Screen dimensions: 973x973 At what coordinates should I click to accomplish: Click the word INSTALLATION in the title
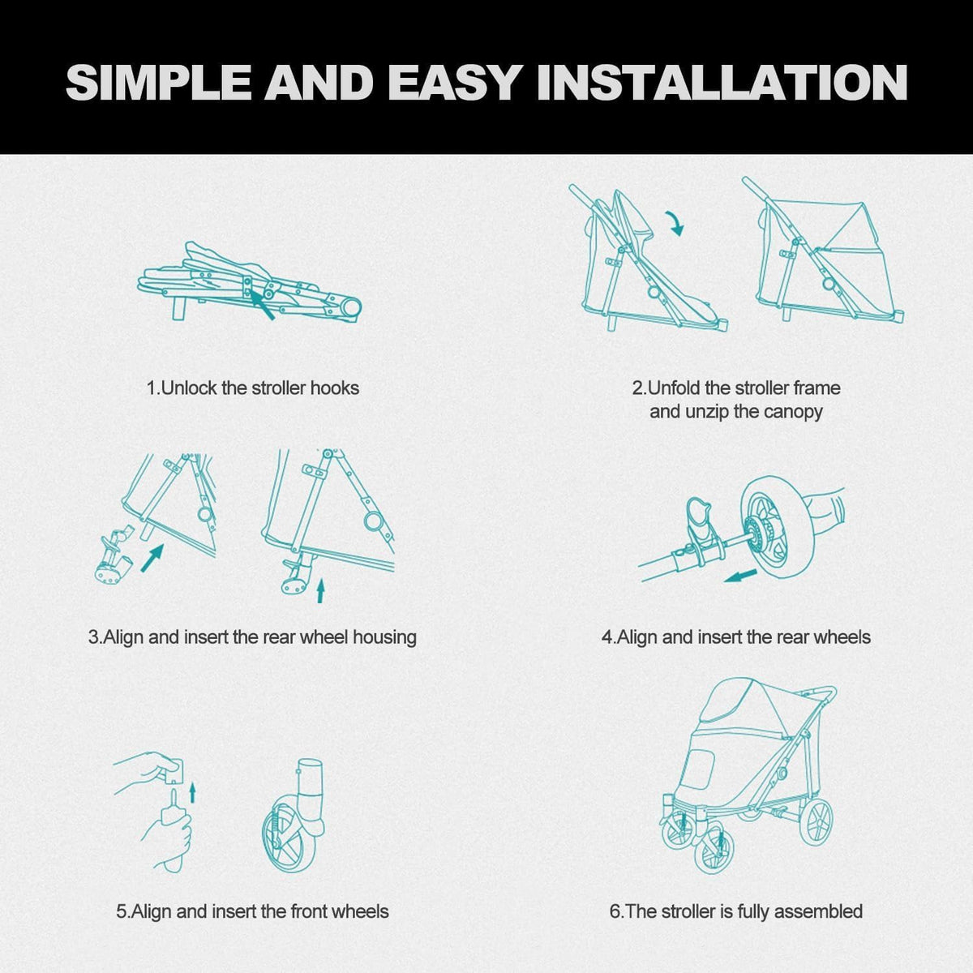(722, 83)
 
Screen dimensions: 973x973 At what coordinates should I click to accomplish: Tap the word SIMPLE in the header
(159, 83)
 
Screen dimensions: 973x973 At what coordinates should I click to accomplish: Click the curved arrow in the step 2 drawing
(675, 223)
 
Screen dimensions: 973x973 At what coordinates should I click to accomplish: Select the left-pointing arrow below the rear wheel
(740, 575)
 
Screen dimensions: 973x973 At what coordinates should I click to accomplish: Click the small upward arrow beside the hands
(192, 792)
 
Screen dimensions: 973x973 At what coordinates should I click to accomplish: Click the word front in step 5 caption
(309, 911)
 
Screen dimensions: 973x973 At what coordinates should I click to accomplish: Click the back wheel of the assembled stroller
(816, 821)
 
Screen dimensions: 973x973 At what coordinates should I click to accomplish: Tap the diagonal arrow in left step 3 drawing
(152, 557)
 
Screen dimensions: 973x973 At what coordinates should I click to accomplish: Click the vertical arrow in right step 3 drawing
(319, 591)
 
